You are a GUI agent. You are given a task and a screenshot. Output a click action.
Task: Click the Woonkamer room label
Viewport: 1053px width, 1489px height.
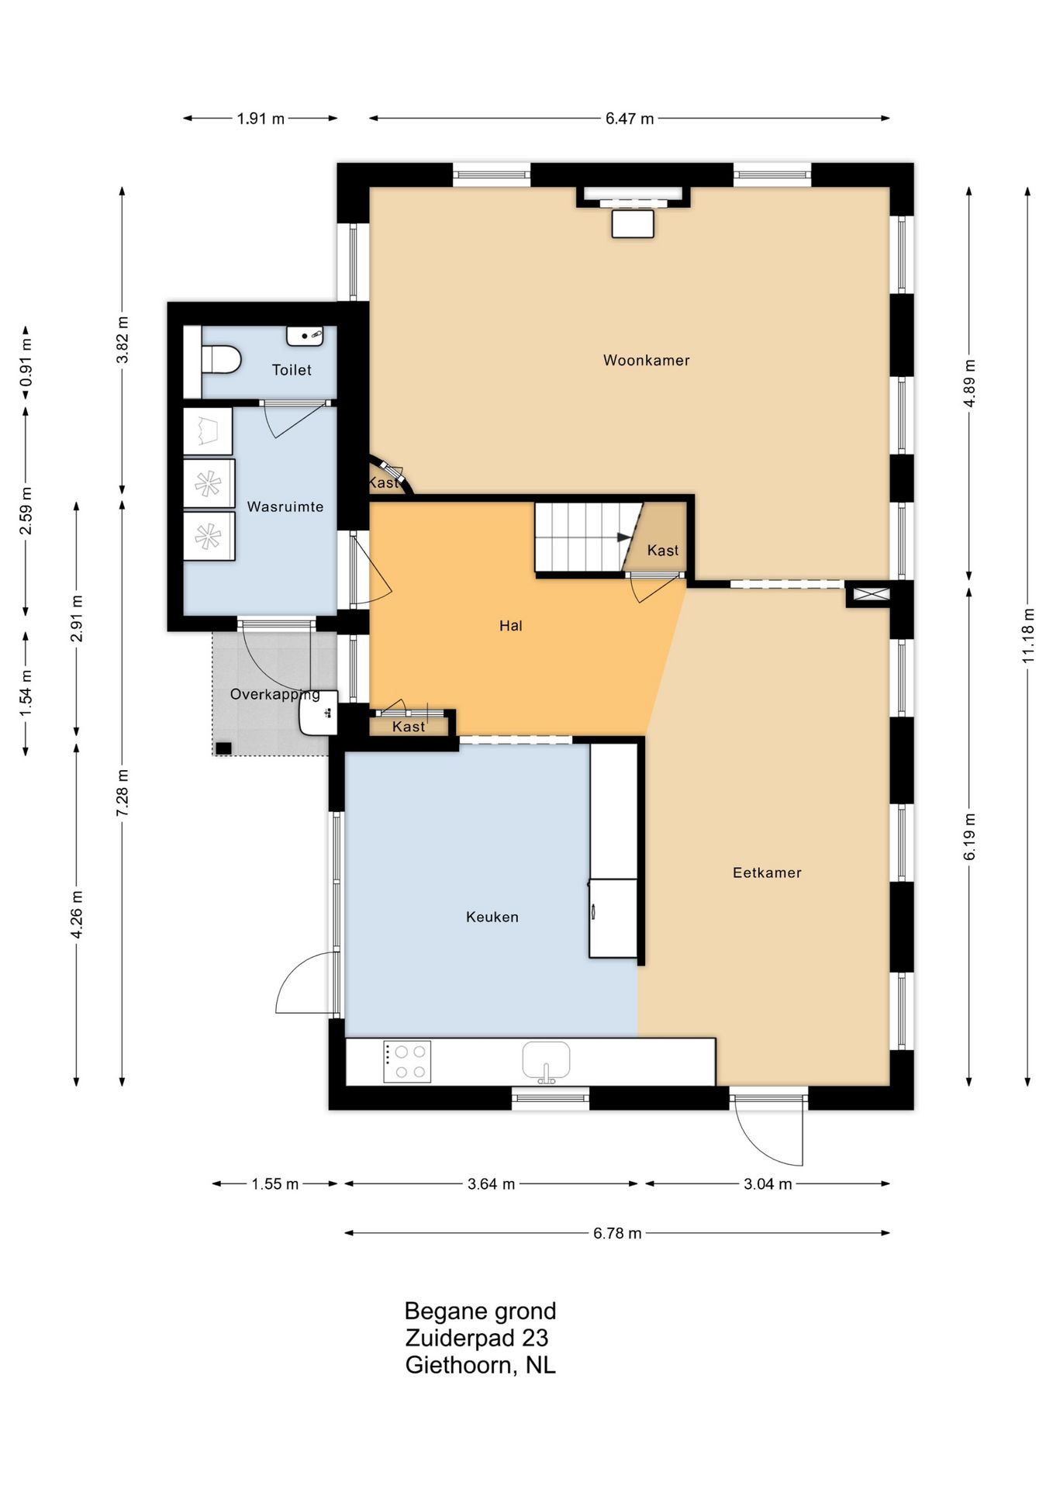click(x=646, y=360)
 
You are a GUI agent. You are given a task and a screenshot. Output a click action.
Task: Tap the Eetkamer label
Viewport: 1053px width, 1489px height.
click(x=767, y=872)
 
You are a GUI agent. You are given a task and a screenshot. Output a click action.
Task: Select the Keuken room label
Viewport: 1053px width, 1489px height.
click(x=492, y=917)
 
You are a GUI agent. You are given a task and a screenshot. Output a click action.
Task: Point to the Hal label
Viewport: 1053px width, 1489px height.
click(x=510, y=626)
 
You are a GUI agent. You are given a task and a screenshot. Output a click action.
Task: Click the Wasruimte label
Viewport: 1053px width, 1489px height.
click(x=285, y=506)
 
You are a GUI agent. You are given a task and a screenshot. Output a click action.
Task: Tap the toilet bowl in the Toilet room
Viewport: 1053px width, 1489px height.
click(x=221, y=360)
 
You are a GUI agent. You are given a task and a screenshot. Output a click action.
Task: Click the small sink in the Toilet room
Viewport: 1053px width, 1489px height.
click(x=306, y=336)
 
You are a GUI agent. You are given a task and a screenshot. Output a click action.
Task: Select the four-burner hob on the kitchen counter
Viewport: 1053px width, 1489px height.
click(x=407, y=1062)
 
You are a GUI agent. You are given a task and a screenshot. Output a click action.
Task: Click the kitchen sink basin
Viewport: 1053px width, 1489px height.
click(x=546, y=1060)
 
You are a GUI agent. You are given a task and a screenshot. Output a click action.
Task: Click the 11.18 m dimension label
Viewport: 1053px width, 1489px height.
click(x=1028, y=634)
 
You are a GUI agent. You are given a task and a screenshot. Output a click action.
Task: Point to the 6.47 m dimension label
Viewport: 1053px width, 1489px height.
click(x=630, y=119)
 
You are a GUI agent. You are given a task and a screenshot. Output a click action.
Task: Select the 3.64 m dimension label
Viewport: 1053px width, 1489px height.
click(x=492, y=1184)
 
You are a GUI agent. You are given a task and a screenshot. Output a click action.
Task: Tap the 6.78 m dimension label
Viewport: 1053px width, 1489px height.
click(x=617, y=1233)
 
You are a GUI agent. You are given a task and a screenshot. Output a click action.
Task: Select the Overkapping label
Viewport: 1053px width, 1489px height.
click(x=275, y=694)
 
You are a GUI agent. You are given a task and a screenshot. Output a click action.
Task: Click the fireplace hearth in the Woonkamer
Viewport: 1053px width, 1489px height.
click(x=633, y=223)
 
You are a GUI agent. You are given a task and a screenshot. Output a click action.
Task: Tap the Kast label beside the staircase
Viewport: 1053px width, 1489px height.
click(x=663, y=550)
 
